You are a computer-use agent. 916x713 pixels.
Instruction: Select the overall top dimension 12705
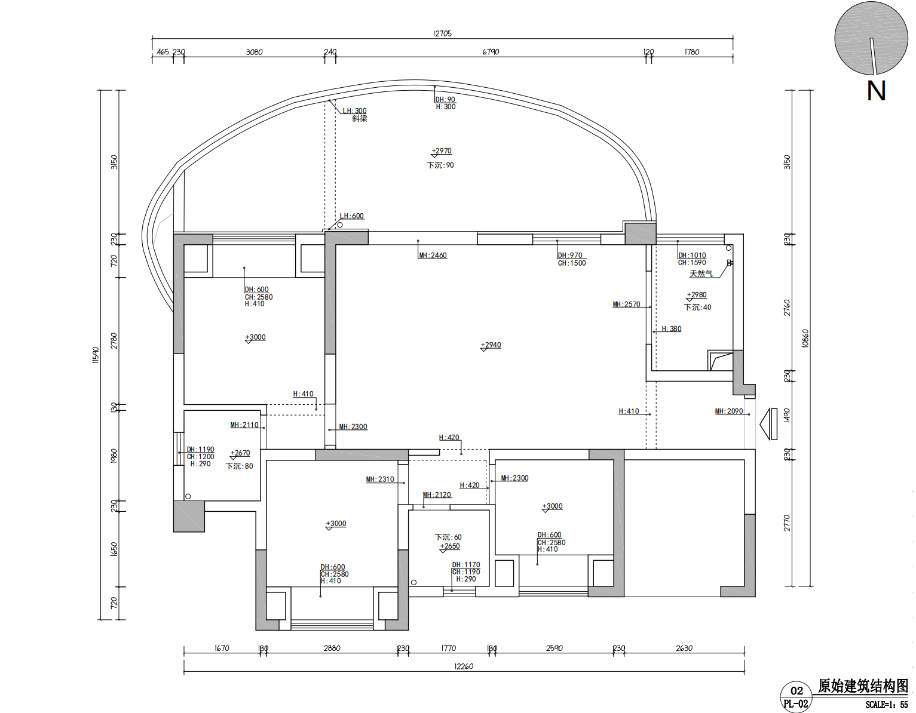point(442,33)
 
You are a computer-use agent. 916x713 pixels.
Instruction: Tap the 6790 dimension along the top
point(491,52)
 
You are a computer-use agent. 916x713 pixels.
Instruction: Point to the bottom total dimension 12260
point(464,666)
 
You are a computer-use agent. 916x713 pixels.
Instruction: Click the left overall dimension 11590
point(96,355)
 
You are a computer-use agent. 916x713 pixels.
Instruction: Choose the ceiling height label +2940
point(491,345)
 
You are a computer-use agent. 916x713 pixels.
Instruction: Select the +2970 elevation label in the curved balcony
point(442,150)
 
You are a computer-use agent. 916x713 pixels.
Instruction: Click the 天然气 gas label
point(701,273)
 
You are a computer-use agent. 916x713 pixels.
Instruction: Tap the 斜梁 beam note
point(360,119)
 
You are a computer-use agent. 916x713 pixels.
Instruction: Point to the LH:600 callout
point(351,216)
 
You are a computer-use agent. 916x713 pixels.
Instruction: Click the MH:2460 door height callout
point(433,255)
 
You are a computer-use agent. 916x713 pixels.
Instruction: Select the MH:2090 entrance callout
point(729,411)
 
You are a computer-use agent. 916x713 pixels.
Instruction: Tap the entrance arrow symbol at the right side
point(768,424)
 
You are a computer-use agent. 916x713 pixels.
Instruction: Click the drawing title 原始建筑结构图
point(863,686)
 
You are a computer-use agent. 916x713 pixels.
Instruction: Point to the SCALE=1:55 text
point(887,705)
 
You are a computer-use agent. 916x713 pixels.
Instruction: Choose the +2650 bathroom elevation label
point(450,546)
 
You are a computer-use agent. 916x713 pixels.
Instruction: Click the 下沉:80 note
point(240,466)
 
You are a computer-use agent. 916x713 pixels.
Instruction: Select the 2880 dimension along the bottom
point(332,648)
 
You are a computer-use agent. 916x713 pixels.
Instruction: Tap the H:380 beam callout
point(672,329)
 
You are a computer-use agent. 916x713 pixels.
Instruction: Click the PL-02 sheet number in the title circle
point(796,703)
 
